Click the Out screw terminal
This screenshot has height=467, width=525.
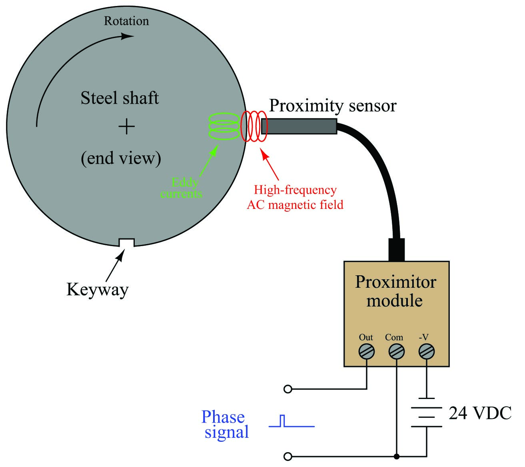point(366,352)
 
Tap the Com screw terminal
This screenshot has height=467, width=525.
point(396,352)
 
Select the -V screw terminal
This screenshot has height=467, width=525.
point(426,352)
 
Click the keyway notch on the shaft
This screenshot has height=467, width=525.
point(126,243)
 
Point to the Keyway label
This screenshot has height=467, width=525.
point(98,290)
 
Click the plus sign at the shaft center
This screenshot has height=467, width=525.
point(126,126)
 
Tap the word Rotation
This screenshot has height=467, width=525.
point(126,21)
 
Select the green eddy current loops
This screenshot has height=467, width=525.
point(224,126)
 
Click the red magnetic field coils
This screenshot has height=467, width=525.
point(254,126)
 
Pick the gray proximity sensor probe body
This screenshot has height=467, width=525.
point(299,126)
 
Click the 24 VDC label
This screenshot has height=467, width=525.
point(480,413)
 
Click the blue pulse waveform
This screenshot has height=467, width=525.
point(291,421)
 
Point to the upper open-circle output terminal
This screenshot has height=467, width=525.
point(288,389)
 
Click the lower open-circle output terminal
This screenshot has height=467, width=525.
point(288,456)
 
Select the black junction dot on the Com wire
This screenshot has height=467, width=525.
point(396,456)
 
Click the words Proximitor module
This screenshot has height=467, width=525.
point(395,291)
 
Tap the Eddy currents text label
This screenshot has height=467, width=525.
point(182,188)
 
